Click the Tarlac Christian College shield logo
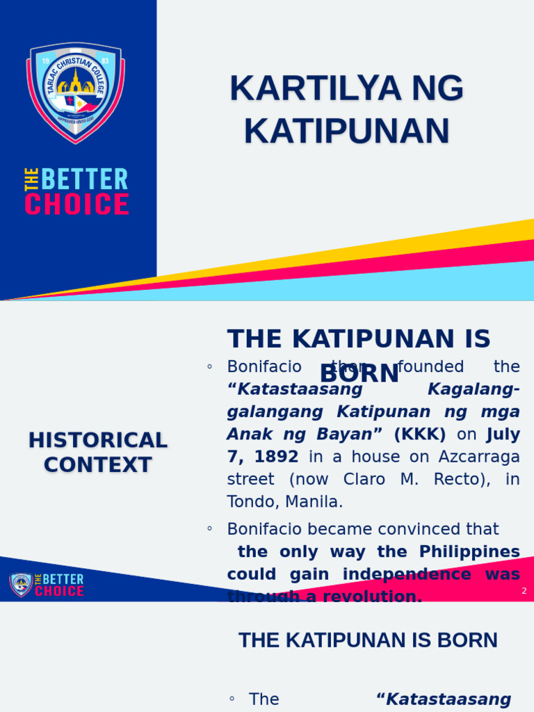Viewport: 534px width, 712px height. [76, 92]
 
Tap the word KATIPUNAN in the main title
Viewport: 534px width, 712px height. [346, 131]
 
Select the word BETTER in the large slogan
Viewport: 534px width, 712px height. [84, 180]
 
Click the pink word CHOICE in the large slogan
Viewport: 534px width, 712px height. [76, 204]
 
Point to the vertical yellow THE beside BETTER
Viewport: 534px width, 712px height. [31, 180]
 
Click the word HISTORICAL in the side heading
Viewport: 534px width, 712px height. [98, 440]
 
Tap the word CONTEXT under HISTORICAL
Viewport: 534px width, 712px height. [98, 464]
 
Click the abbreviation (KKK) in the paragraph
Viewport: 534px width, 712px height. [420, 435]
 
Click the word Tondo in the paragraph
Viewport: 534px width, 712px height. [250, 501]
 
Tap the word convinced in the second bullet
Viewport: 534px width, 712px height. [394, 529]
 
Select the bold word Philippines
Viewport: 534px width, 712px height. [469, 551]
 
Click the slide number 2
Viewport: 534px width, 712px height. [524, 591]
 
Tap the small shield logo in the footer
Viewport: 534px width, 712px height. [20, 585]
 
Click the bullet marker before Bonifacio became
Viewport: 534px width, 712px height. [209, 529]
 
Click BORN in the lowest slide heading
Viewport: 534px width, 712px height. [465, 640]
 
